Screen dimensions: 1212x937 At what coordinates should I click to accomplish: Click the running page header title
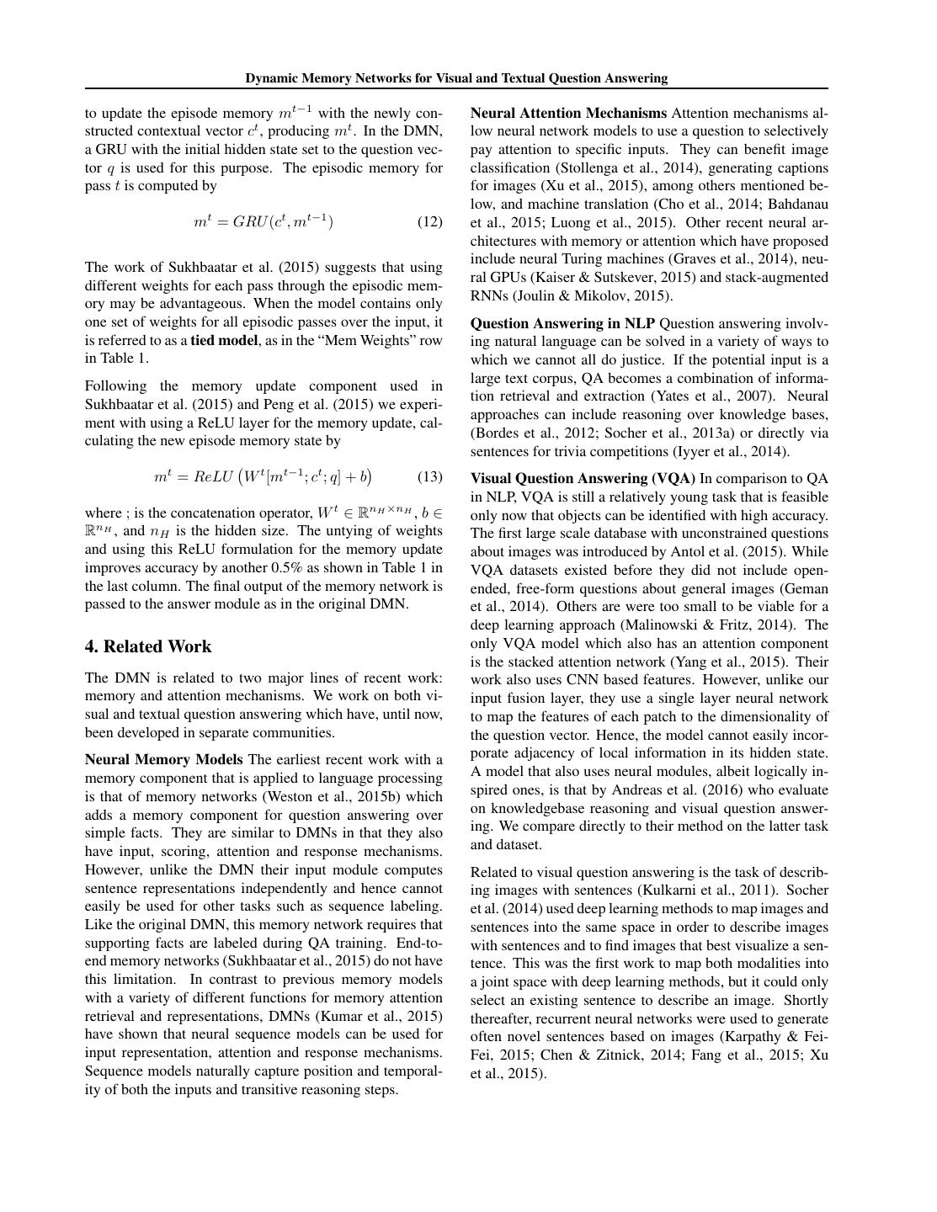(x=456, y=78)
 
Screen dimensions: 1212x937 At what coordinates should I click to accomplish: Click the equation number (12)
(x=429, y=222)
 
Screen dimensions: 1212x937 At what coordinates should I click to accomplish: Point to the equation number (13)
(x=429, y=477)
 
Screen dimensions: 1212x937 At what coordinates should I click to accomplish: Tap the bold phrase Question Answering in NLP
(x=562, y=323)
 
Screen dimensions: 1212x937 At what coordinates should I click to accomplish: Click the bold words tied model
(x=224, y=340)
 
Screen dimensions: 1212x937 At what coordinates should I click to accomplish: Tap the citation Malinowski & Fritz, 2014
(x=711, y=625)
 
